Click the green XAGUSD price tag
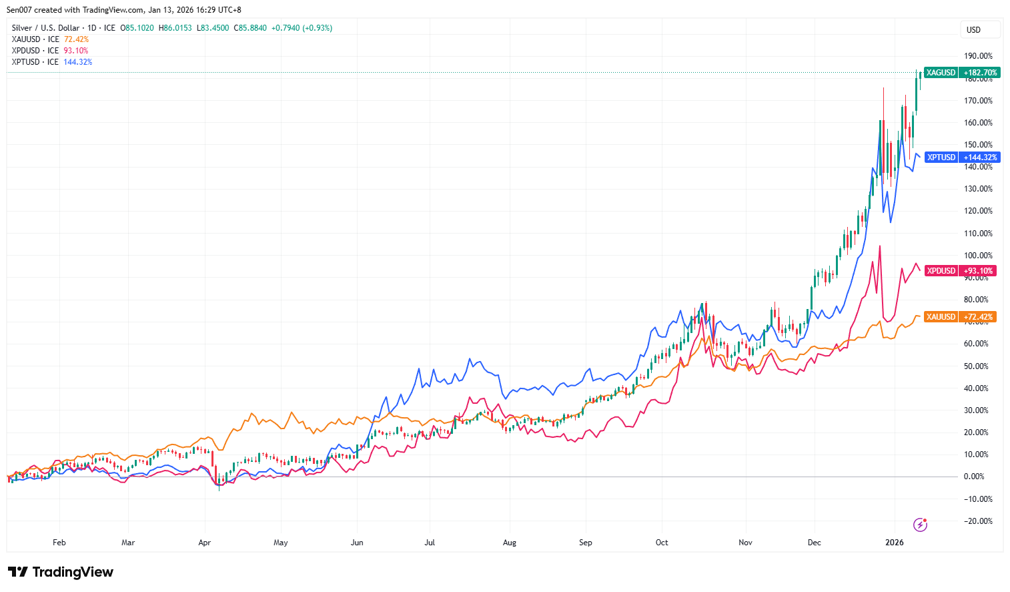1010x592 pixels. pyautogui.click(x=961, y=73)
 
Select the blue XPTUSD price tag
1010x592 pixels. pyautogui.click(x=961, y=158)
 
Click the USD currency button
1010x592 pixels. pyautogui.click(x=974, y=30)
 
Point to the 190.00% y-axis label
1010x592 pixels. pyautogui.click(x=978, y=56)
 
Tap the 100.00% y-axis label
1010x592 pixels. pyautogui.click(x=978, y=256)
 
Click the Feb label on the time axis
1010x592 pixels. pyautogui.click(x=59, y=543)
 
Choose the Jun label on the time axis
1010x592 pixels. pyautogui.click(x=357, y=543)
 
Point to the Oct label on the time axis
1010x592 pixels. pyautogui.click(x=662, y=543)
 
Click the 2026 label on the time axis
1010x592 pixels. pyautogui.click(x=894, y=543)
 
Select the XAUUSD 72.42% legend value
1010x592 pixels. pyautogui.click(x=76, y=39)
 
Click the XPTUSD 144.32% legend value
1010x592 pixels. pyautogui.click(x=78, y=62)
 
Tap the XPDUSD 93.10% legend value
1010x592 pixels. pyautogui.click(x=76, y=51)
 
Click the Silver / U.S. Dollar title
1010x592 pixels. pyautogui.click(x=45, y=28)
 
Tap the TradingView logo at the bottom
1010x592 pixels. pyautogui.click(x=61, y=572)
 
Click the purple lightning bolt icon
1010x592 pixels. pyautogui.click(x=921, y=525)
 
